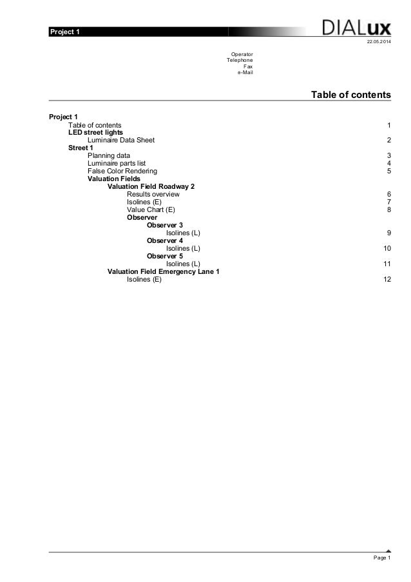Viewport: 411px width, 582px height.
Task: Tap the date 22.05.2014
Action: (x=378, y=43)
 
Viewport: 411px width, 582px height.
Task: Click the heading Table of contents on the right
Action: (x=350, y=95)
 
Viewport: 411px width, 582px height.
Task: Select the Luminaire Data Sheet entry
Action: (x=120, y=140)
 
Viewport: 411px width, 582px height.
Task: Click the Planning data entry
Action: (x=108, y=155)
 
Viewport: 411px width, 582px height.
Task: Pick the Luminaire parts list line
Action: (x=117, y=163)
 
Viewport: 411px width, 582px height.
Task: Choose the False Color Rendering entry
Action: (x=122, y=171)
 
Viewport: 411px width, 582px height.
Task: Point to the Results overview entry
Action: (x=153, y=194)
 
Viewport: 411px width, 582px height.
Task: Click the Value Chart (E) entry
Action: (x=150, y=209)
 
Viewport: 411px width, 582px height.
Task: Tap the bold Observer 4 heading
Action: (x=164, y=240)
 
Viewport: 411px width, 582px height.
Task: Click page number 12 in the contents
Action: (x=387, y=279)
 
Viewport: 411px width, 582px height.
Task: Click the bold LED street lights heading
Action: (x=95, y=132)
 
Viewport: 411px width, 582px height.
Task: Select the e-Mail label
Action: (x=245, y=72)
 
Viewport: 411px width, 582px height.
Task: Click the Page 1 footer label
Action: (x=381, y=558)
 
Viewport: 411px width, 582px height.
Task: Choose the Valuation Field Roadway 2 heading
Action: (x=151, y=186)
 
